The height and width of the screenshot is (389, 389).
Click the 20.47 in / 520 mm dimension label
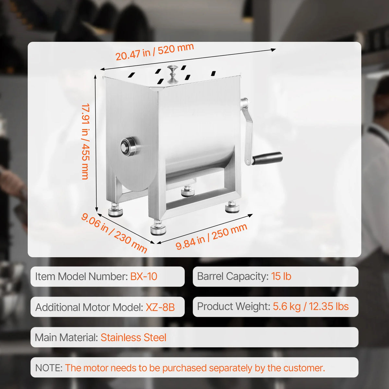point(155,52)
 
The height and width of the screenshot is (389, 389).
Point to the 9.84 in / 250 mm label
point(211,237)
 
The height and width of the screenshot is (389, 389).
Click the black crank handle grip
point(268,158)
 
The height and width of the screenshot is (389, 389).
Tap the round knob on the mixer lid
point(172,74)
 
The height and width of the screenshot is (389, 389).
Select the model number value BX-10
point(144,277)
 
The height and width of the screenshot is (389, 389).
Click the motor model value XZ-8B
point(160,307)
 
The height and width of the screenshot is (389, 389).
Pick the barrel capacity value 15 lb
point(281,276)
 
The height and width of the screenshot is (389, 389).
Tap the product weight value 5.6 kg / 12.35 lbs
point(311,307)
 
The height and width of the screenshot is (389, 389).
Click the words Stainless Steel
point(134,337)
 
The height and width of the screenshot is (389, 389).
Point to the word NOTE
point(49,368)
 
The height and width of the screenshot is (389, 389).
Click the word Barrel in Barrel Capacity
point(211,276)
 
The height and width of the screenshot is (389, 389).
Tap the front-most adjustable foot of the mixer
point(158,228)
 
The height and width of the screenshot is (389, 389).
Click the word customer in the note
point(303,368)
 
